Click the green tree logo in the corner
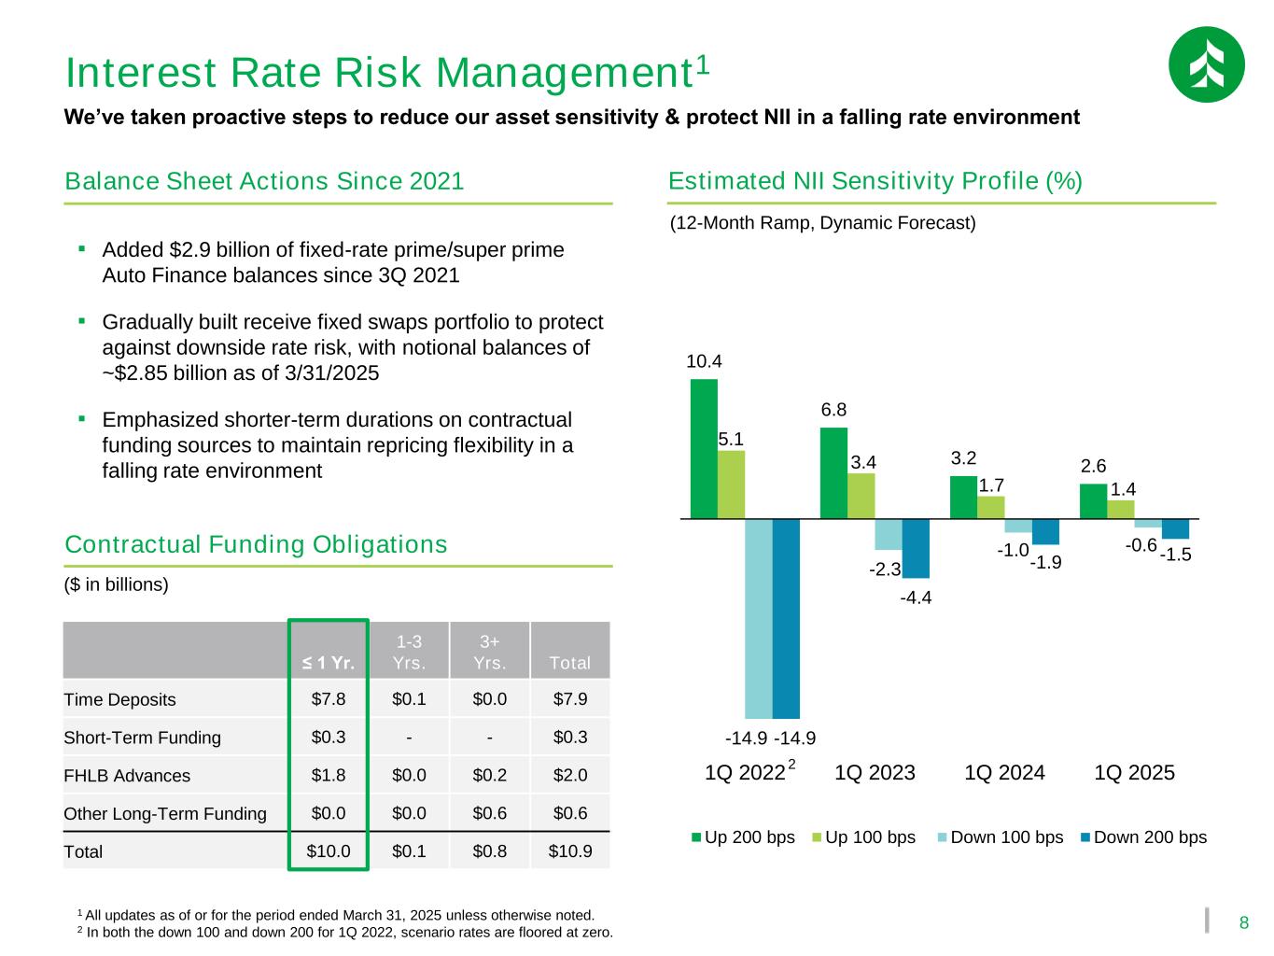(1206, 64)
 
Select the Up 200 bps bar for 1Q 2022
(704, 448)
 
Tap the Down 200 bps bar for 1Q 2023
(916, 548)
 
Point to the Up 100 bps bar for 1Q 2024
(990, 507)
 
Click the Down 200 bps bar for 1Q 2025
(1175, 528)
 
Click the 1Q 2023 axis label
(875, 773)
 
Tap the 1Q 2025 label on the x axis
(1134, 773)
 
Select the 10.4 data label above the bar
(704, 361)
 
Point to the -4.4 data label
(916, 598)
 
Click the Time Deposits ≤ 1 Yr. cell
(328, 698)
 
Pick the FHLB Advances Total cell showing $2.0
(569, 775)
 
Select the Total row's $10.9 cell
(569, 851)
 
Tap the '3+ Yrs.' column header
(489, 652)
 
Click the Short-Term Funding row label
(142, 738)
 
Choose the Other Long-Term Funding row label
(164, 813)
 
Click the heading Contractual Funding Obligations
(256, 544)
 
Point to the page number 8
(1243, 923)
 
